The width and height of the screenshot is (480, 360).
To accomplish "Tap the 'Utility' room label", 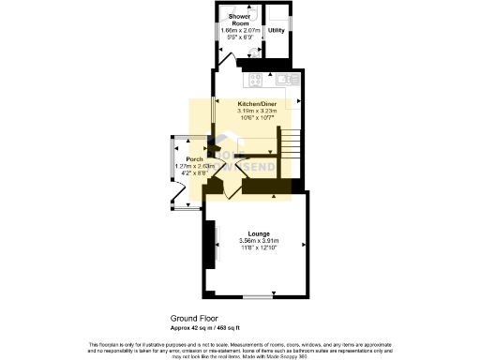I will tap(277, 30).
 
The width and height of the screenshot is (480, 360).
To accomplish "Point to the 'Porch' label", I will tap(195, 158).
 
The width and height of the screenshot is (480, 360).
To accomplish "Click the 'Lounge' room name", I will tap(260, 232).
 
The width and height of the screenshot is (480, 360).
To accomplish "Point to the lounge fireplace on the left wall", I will tap(211, 246).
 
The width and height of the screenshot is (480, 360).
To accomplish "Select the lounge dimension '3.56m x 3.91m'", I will tap(260, 241).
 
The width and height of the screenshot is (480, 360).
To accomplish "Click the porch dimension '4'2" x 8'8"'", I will tap(195, 173).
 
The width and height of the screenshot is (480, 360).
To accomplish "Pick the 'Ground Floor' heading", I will tap(193, 319).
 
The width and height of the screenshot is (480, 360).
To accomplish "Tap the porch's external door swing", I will tap(181, 197).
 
